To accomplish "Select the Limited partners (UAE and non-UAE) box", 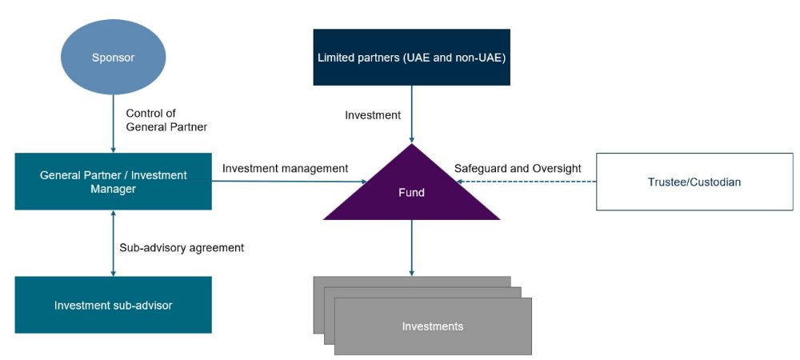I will click(x=411, y=57).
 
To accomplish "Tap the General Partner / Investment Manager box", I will click(x=113, y=182).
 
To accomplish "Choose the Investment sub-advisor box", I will click(x=113, y=305).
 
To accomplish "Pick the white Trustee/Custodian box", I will click(x=694, y=182).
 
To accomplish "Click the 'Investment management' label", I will click(x=285, y=168).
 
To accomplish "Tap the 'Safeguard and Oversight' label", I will click(x=518, y=168).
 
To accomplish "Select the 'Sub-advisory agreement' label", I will click(x=182, y=247).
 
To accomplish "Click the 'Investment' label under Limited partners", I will click(x=373, y=115).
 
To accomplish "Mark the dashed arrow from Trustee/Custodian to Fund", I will click(x=528, y=182).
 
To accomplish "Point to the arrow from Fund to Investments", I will click(x=411, y=248).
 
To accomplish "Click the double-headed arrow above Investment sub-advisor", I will click(x=113, y=243).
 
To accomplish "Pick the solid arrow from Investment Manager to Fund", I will click(x=288, y=182).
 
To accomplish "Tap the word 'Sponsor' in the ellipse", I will click(x=113, y=58).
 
